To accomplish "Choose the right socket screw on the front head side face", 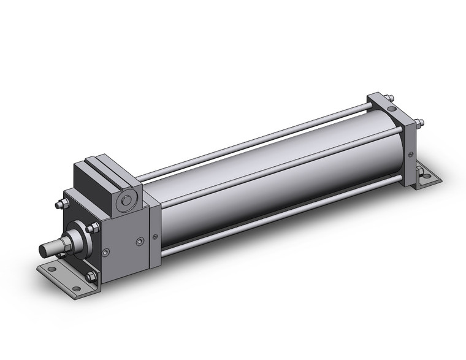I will pos(140,243).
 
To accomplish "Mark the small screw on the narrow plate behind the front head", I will pos(153,236).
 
